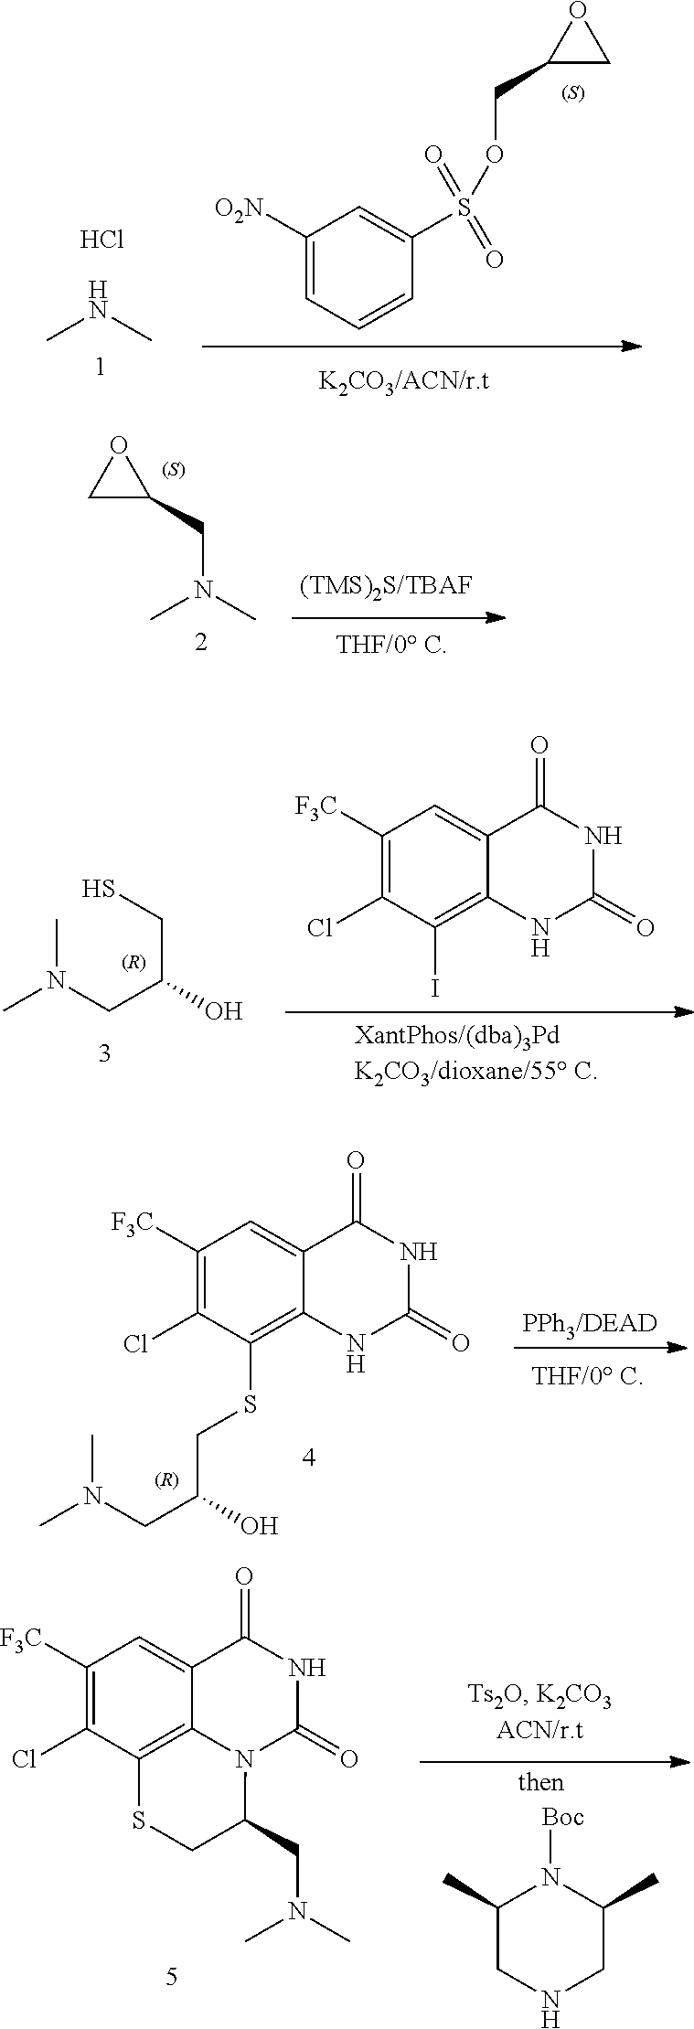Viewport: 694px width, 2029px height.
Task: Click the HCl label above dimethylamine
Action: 101,240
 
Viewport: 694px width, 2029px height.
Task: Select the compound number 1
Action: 100,368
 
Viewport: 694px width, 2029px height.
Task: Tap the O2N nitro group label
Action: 240,209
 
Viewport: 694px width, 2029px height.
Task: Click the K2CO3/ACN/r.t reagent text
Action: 403,380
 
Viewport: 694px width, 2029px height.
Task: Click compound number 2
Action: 200,642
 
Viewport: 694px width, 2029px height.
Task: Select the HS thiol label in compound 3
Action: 98,889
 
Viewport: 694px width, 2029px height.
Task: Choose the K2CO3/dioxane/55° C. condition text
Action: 475,1071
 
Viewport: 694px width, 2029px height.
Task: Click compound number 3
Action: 104,1053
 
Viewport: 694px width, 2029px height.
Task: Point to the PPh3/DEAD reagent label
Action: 589,1323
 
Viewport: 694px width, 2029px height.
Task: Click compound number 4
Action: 308,1458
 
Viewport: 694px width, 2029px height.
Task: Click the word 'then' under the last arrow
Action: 541,1782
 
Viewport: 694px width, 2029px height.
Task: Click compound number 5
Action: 171,1976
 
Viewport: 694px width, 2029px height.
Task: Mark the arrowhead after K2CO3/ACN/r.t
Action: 630,346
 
